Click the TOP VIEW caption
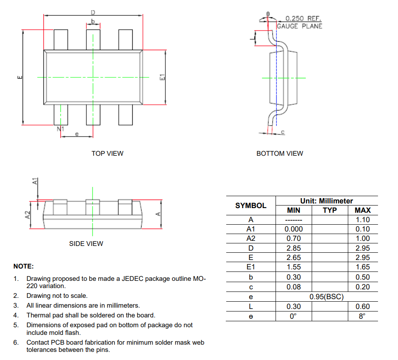[x=107, y=153]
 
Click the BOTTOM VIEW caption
[x=280, y=153]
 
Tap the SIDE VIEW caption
[x=86, y=244]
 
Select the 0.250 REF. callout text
[x=303, y=19]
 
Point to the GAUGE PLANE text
[x=299, y=26]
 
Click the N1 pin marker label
[x=60, y=129]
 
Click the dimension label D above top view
[x=93, y=12]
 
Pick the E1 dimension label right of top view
[x=162, y=77]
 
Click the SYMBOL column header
[x=251, y=206]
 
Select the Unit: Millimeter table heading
[x=326, y=201]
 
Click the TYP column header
[x=330, y=210]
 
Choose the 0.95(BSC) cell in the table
[x=326, y=297]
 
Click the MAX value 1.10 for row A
[x=362, y=220]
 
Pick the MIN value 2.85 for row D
[x=293, y=248]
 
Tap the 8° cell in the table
[x=362, y=316]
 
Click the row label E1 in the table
[x=251, y=267]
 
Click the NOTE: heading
[x=23, y=266]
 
